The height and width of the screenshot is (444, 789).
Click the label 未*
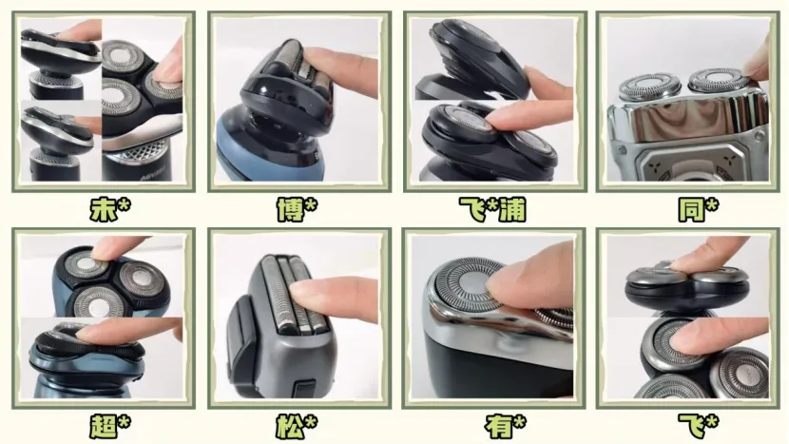click(x=109, y=209)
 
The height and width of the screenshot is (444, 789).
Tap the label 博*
click(x=297, y=209)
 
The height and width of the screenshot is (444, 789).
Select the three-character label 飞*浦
click(x=492, y=209)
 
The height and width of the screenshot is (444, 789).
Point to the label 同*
click(x=698, y=209)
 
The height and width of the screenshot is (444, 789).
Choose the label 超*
click(x=109, y=426)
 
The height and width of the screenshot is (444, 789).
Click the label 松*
click(x=297, y=426)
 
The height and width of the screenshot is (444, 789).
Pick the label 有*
click(x=505, y=426)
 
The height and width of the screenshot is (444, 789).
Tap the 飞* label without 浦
click(x=698, y=426)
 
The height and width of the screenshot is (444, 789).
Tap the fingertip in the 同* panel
click(x=759, y=61)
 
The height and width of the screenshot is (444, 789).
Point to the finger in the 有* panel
click(x=533, y=280)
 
